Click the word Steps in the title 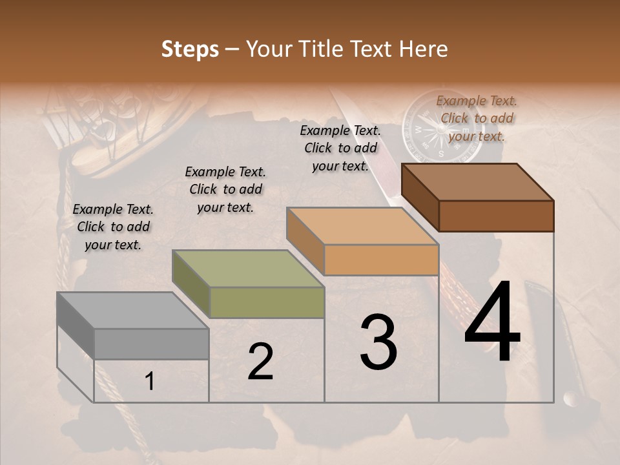click(x=190, y=49)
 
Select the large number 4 click(x=492, y=323)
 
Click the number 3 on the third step click(x=378, y=342)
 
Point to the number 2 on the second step click(x=260, y=362)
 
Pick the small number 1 click(x=150, y=382)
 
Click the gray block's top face click(x=133, y=311)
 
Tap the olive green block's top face click(x=248, y=269)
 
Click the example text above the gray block click(x=113, y=227)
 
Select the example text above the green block click(x=225, y=189)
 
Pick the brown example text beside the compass click(x=477, y=118)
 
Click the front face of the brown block click(x=496, y=216)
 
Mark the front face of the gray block click(x=151, y=344)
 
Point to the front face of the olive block click(x=266, y=302)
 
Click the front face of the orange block click(x=381, y=260)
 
